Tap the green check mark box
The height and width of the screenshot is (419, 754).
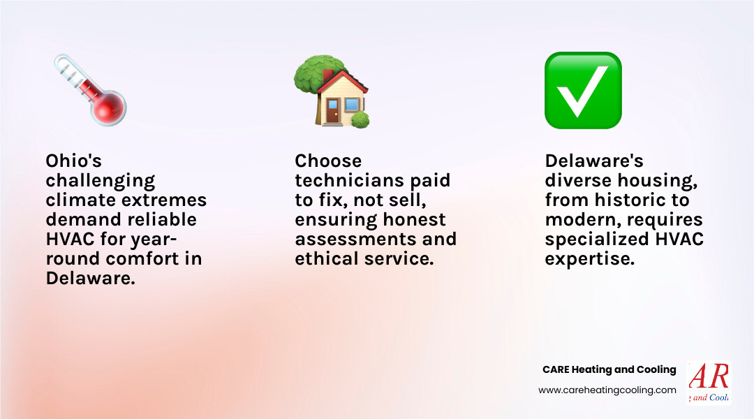tap(582, 90)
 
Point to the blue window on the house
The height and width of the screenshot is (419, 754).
tap(351, 105)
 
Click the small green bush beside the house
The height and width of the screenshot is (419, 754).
tap(360, 119)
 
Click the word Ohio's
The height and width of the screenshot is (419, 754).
tap(73, 161)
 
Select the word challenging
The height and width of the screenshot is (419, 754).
tap(101, 180)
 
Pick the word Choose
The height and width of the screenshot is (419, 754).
tap(328, 161)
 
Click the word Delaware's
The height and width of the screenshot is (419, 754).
tap(594, 161)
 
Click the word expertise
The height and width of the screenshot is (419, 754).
tap(590, 258)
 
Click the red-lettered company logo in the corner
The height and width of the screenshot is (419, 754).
tap(708, 383)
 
